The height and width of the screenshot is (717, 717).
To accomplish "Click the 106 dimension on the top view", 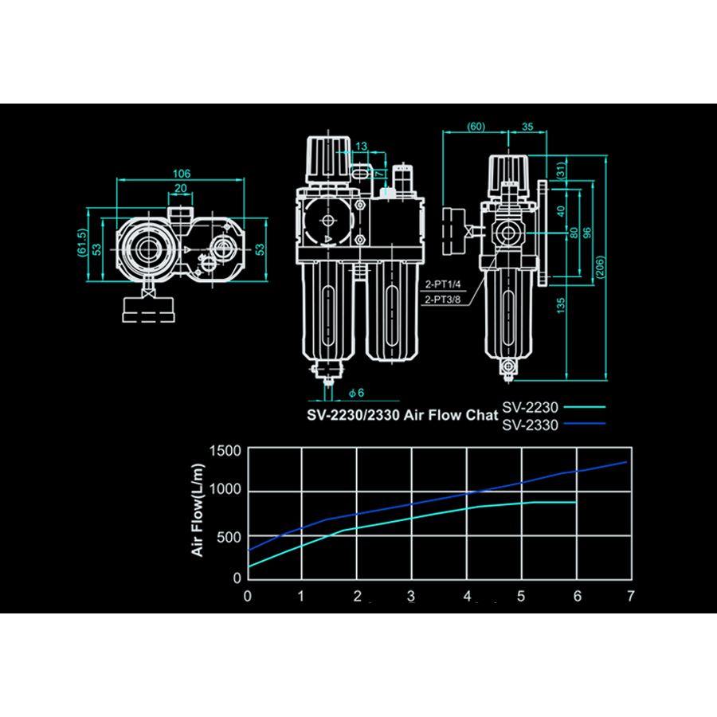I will (x=181, y=173).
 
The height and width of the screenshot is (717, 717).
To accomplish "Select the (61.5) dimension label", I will (x=81, y=243).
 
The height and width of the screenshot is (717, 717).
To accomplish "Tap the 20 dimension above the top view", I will (x=181, y=188).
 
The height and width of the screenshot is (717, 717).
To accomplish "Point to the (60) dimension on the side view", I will (x=476, y=127).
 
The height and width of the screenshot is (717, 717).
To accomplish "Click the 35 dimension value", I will (x=527, y=127).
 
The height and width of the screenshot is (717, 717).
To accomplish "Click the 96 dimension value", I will (x=588, y=233).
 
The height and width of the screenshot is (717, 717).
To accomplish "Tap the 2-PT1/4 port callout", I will (x=442, y=284).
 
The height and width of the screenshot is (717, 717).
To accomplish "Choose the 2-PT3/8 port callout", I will (x=442, y=300).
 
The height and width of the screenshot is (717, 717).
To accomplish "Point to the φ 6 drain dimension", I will (x=356, y=393).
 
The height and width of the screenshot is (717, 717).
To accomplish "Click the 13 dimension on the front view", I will (x=362, y=146).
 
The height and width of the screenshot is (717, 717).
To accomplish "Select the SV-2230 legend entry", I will (x=530, y=407).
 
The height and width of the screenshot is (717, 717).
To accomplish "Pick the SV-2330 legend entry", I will (x=530, y=425).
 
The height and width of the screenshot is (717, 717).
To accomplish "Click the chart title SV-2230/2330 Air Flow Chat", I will (x=402, y=414).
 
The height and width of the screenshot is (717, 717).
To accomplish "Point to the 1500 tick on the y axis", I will (x=224, y=450).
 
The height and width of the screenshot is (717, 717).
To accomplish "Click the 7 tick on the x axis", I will (x=630, y=596).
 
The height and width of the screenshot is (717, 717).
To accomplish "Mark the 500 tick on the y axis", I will (x=229, y=536).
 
